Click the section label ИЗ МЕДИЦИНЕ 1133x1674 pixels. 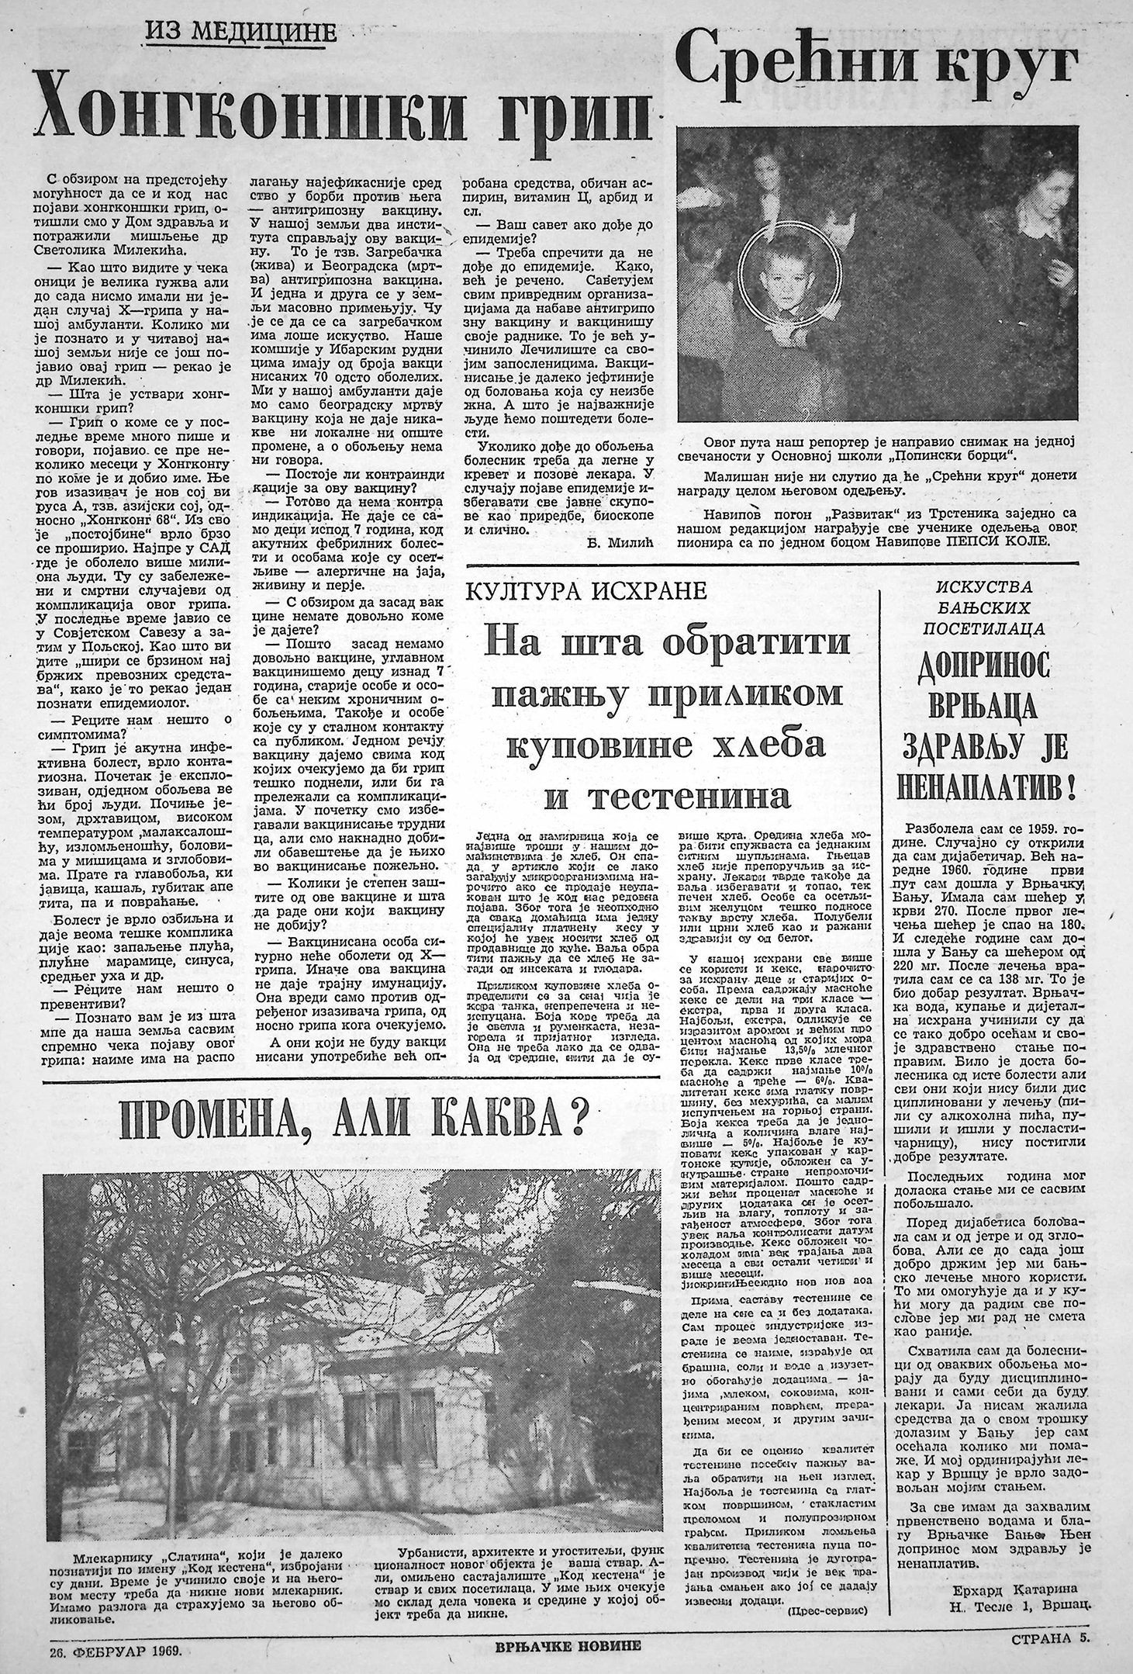click(x=241, y=32)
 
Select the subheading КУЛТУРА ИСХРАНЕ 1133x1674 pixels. click(x=585, y=592)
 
